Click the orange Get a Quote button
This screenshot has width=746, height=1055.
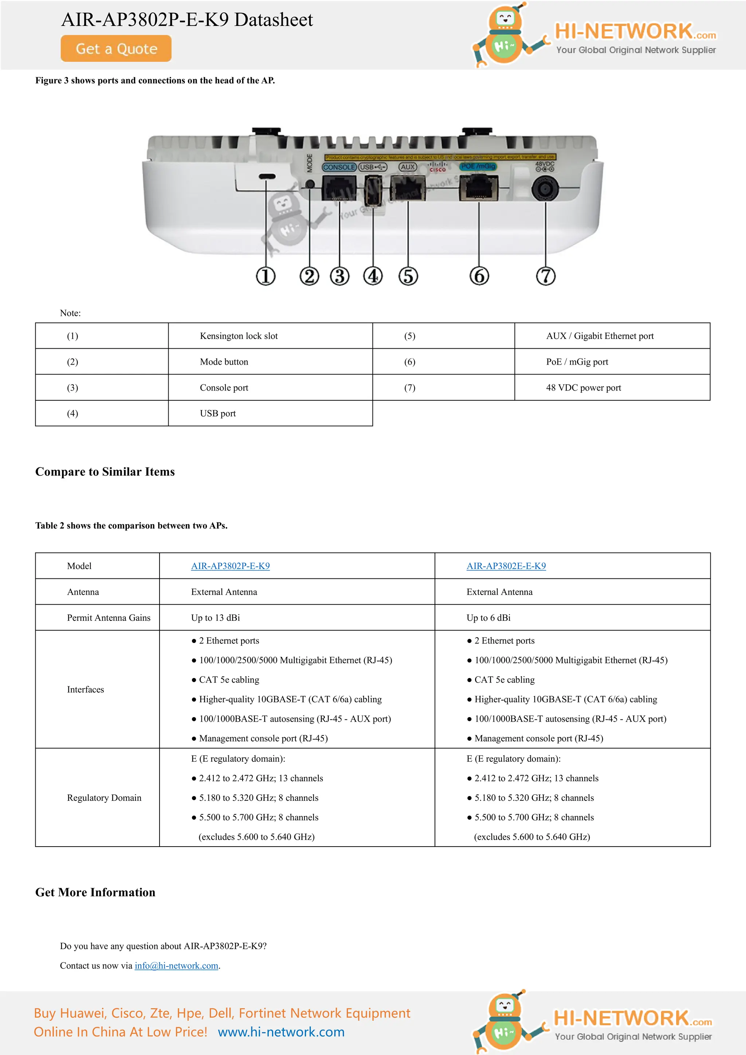tap(116, 48)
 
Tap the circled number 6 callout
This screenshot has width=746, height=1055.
tap(479, 276)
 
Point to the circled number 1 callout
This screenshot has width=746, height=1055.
tap(266, 276)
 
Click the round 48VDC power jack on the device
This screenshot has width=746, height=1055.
tap(545, 189)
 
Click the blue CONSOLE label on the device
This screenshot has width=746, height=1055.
tap(339, 167)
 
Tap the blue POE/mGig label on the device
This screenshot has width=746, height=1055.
tap(478, 166)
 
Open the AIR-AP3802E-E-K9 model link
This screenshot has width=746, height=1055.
tap(506, 566)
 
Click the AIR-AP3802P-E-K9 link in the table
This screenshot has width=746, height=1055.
tap(230, 566)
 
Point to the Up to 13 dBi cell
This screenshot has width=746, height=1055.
tap(215, 617)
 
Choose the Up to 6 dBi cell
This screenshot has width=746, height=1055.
tap(488, 617)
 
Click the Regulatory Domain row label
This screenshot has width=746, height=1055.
tap(104, 798)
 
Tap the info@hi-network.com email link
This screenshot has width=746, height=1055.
tap(176, 965)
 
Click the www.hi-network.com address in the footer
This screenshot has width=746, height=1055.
tap(281, 1032)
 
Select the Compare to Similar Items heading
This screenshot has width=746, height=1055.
tap(105, 472)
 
